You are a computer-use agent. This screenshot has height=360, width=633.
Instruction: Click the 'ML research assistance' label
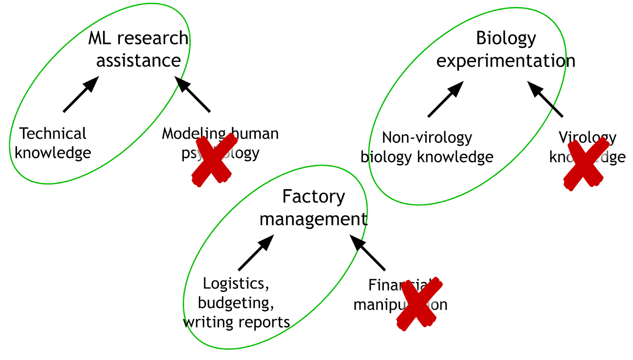click(138, 49)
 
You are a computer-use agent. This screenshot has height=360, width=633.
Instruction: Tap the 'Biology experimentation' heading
click(506, 49)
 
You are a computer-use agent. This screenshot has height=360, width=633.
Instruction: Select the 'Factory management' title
click(313, 208)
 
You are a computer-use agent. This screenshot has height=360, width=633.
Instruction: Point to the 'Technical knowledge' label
click(53, 143)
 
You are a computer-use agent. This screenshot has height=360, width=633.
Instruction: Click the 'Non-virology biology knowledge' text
click(427, 147)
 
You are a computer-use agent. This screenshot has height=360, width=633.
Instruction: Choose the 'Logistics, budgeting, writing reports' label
click(236, 303)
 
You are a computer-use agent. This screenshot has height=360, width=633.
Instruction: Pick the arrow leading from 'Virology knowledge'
click(545, 99)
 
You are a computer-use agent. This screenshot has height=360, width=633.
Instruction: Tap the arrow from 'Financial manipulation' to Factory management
click(368, 252)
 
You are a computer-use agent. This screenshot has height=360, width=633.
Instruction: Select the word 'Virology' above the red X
click(587, 138)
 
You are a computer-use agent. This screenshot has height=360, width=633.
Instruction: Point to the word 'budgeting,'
click(236, 303)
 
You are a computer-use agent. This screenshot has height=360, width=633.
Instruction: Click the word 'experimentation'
click(506, 61)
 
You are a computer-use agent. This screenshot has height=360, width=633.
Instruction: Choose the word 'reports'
click(267, 322)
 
